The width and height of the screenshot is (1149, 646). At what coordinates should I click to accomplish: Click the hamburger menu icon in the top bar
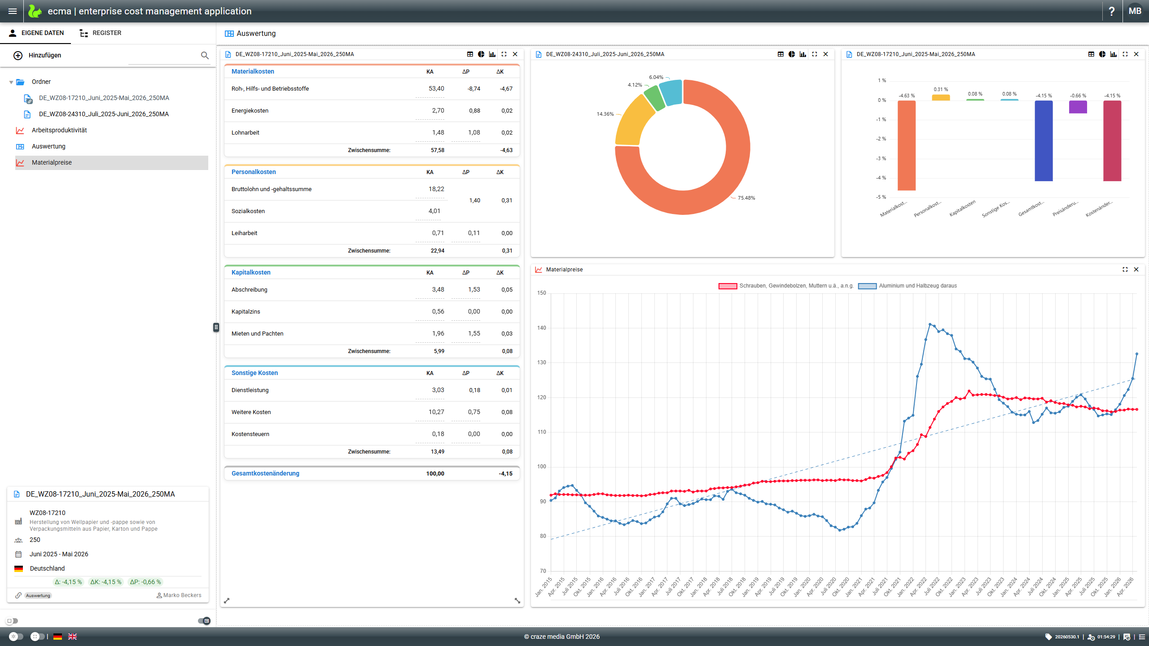13,11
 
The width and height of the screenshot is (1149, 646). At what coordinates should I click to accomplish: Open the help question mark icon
1112,11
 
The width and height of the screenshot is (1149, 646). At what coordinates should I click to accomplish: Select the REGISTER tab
101,33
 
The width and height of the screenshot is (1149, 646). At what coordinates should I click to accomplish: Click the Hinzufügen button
37,55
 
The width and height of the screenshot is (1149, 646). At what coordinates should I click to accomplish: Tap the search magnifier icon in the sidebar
205,55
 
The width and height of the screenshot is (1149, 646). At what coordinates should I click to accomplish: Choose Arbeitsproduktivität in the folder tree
59,130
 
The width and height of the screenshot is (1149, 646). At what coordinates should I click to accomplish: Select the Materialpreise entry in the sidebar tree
52,162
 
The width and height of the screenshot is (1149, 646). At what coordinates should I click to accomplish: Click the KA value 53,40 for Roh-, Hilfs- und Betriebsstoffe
436,88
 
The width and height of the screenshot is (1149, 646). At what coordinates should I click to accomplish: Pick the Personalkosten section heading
254,172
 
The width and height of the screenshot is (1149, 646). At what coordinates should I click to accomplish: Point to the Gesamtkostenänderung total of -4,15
505,473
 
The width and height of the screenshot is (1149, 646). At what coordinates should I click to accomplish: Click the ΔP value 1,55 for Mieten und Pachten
474,333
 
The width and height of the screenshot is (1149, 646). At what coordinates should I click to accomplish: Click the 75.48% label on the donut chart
746,198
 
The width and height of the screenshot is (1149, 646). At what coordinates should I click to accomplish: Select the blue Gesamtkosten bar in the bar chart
1044,141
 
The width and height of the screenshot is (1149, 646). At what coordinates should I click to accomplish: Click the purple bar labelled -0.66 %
1078,107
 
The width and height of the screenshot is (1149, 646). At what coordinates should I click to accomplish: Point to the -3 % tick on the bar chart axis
881,158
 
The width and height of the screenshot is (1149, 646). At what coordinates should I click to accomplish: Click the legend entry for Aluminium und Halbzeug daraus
908,286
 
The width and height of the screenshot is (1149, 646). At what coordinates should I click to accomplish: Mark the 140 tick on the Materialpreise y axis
542,328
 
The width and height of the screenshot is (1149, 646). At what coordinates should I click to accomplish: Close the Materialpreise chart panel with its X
1136,270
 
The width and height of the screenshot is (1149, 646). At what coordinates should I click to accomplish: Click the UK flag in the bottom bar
73,637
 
